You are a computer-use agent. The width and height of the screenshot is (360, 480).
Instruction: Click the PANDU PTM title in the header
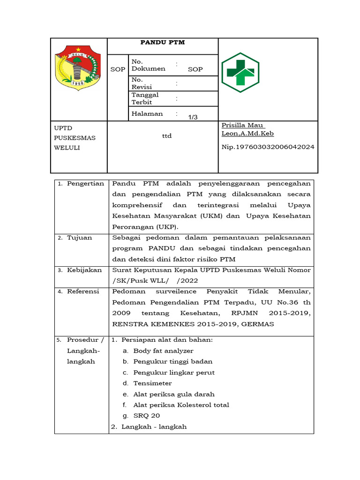163,42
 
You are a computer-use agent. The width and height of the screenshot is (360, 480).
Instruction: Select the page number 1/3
193,117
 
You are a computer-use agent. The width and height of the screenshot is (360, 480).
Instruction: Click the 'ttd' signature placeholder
166,136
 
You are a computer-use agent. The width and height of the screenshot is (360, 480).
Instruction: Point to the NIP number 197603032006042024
268,147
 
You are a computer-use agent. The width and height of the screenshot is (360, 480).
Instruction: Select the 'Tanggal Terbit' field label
145,98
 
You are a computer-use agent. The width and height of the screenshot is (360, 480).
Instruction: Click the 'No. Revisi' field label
139,83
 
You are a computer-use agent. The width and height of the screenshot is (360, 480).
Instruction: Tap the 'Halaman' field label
147,113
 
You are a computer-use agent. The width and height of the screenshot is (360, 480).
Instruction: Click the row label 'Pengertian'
85,183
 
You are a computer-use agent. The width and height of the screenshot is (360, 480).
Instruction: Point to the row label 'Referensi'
83,292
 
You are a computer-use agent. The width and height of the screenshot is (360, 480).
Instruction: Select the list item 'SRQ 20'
146,416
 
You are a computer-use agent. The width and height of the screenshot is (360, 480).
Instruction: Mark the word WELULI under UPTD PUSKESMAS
67,148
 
